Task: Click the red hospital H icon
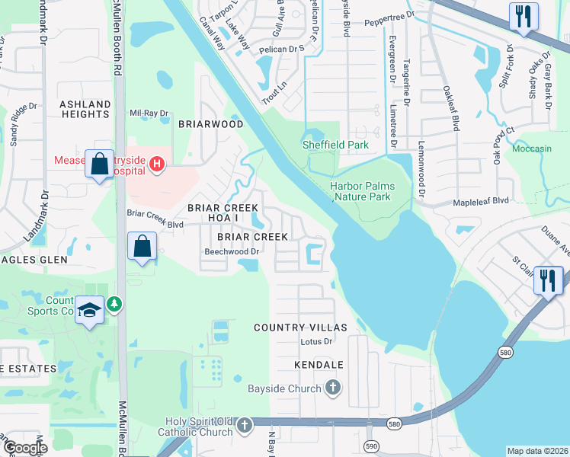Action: [x=157, y=164]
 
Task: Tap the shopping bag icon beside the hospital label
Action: [x=100, y=164]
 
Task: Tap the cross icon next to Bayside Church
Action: [x=332, y=388]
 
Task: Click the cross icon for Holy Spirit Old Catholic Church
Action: [x=244, y=425]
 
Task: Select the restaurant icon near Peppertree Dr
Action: [x=523, y=18]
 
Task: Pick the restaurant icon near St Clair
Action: [x=548, y=280]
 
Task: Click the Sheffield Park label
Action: [x=335, y=145]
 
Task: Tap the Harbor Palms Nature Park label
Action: [x=360, y=191]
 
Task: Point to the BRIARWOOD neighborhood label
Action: [x=211, y=124]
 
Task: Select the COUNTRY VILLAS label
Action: [x=300, y=328]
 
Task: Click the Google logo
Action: [x=24, y=448]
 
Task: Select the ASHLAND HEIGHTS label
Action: [x=85, y=109]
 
